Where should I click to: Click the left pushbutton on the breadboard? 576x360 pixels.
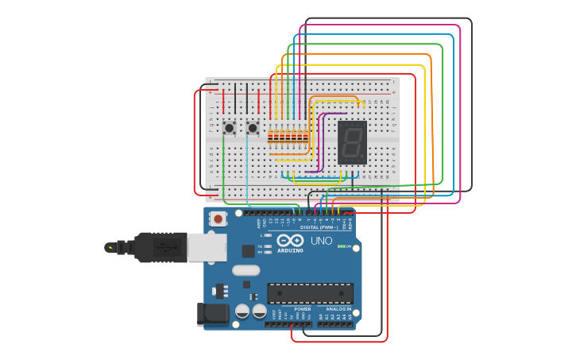point(229,127)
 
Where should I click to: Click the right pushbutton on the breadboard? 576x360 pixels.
point(253,127)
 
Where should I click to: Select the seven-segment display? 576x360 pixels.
point(352,142)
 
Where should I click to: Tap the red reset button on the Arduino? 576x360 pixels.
point(217,218)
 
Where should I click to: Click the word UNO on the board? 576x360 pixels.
point(321,241)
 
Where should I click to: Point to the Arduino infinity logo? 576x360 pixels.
point(290,240)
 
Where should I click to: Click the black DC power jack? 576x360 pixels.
point(212,314)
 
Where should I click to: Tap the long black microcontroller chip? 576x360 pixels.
point(310,293)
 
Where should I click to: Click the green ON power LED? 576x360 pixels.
point(342,246)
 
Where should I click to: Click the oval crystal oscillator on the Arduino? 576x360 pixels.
point(246,270)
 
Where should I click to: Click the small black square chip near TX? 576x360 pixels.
point(249,251)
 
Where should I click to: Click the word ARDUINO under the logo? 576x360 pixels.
point(290,250)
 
